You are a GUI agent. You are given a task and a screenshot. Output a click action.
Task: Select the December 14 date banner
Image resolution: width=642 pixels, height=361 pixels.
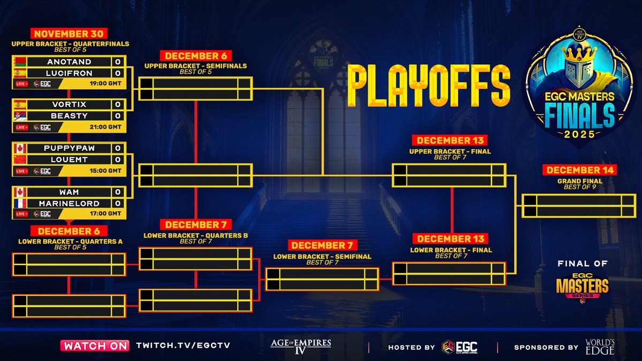point(579,171)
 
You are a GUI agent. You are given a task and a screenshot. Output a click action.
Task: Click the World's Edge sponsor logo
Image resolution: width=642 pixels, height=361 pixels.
point(599,346)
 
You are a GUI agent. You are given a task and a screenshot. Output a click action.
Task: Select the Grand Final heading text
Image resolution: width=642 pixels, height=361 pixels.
point(579,181)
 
